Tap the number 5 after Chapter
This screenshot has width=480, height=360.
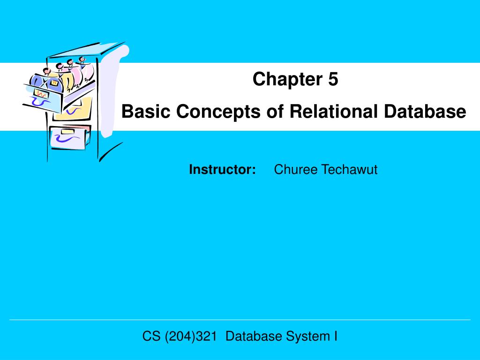tap(333, 80)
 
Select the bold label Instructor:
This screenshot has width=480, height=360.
tap(222, 169)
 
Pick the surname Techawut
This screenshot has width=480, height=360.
tap(349, 169)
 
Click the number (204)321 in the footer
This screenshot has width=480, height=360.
tap(191, 336)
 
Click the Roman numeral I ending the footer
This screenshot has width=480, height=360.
tap(336, 336)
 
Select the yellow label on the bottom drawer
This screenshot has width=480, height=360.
tap(67, 132)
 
